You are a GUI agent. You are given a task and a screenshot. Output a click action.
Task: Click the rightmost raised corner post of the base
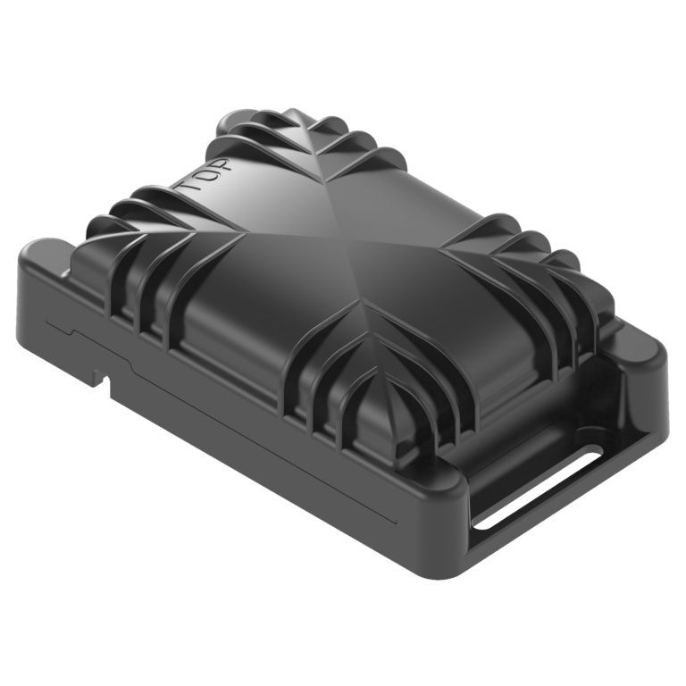click(648, 353)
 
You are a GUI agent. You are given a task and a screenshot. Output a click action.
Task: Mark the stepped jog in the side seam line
click(76, 333)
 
